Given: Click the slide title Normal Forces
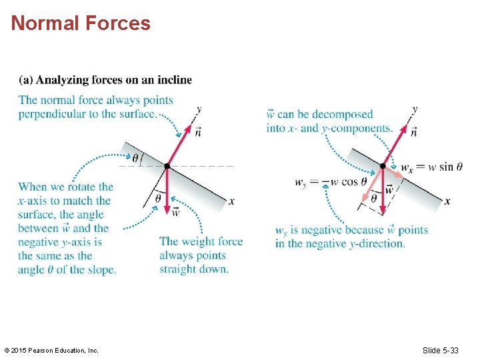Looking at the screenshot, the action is click(81, 23).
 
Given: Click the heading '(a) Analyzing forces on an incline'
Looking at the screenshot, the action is click(105, 80).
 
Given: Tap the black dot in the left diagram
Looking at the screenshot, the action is click(167, 166).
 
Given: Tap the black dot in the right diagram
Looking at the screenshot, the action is click(383, 166).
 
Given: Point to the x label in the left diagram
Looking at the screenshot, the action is click(231, 201).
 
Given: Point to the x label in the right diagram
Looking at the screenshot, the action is click(447, 201).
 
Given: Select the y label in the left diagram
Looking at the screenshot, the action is click(199, 109).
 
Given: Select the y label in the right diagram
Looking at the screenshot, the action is click(415, 109).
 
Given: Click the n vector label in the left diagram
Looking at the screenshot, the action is click(198, 132).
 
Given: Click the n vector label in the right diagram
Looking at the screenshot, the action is click(414, 132).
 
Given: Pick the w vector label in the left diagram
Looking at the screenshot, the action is click(175, 212).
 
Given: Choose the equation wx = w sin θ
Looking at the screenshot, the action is click(432, 167).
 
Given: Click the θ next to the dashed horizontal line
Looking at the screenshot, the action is click(135, 159).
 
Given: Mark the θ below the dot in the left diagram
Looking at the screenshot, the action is click(157, 198).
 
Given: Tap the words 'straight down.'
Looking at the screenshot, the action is click(194, 269).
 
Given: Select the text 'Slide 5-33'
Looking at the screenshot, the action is click(441, 350).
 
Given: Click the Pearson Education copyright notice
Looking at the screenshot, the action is click(51, 350).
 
